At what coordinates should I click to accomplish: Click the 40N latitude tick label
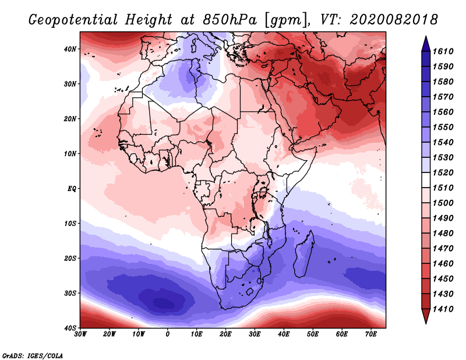point(70,49)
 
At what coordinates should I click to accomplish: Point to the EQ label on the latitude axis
point(72,189)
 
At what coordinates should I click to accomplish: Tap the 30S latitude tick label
point(70,294)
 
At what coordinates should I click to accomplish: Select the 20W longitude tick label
point(109,334)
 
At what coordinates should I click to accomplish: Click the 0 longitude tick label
point(168,334)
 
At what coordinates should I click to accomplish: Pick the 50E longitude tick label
point(313,334)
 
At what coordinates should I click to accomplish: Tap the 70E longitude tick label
point(371,334)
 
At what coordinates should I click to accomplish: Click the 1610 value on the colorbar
point(443,51)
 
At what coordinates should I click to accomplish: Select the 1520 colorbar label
point(443,172)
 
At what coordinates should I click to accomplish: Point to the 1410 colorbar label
point(443,309)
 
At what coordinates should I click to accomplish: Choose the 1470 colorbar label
point(443,249)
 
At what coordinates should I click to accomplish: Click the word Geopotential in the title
point(73,20)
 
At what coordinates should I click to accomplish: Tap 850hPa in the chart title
point(230,20)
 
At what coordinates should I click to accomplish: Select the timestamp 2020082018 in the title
point(394,20)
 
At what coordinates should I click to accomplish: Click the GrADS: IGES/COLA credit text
point(33,356)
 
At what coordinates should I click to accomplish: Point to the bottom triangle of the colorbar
point(426,316)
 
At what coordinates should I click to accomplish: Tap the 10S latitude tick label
point(70,224)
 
